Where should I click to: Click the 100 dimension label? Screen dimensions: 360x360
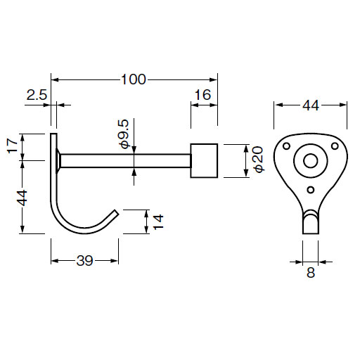coord(134,79)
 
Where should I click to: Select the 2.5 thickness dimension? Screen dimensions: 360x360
coord(37,95)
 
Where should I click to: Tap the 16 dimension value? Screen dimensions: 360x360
coord(202,95)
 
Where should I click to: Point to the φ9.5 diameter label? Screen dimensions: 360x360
coord(124,134)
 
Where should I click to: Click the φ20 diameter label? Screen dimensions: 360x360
coord(259,160)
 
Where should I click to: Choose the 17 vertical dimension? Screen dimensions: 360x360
coord(13,146)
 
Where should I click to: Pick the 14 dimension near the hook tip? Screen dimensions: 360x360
coord(159,221)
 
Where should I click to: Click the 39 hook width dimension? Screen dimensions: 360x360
coord(84,260)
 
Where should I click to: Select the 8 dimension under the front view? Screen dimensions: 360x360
coord(311,273)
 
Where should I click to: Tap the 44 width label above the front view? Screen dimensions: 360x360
coord(311,105)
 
